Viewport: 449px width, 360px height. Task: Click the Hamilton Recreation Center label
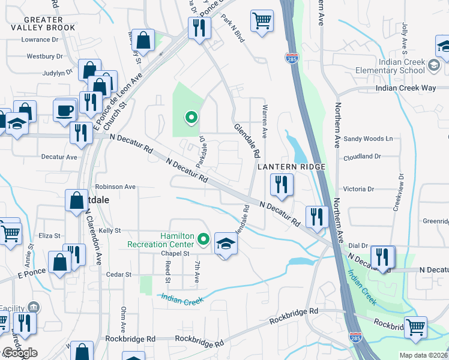[x=160, y=240]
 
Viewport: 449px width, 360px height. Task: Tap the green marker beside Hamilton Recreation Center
[x=203, y=240]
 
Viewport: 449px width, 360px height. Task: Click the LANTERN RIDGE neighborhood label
[x=291, y=166]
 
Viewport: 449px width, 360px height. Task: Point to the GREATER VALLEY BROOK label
[x=44, y=24]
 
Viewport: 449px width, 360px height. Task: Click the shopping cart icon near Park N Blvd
[x=262, y=21]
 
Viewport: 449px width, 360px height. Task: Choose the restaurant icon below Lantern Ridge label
[x=282, y=185]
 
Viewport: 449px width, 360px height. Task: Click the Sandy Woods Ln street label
[x=368, y=139]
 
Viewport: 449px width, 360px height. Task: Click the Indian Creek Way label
[x=406, y=88]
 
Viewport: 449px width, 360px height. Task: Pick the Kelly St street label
[x=110, y=230]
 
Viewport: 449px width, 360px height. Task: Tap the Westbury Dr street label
[x=44, y=56]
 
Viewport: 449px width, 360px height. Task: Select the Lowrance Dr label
[x=40, y=40]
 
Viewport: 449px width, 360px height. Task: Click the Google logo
[x=19, y=353]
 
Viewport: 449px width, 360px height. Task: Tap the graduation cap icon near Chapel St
[x=226, y=244]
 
